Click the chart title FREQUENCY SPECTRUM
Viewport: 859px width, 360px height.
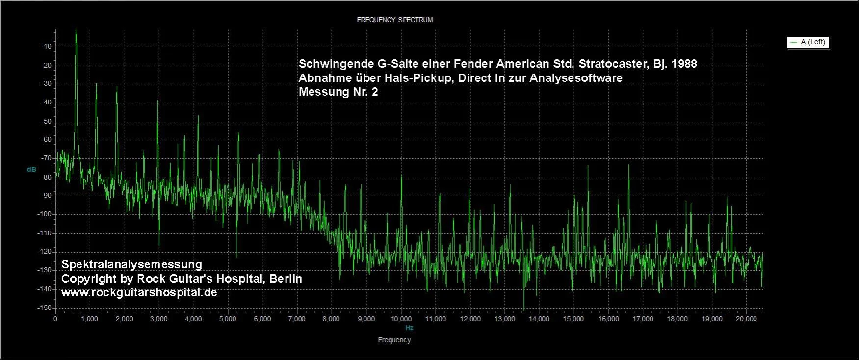tap(394, 20)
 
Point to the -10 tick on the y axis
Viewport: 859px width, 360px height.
tap(47, 47)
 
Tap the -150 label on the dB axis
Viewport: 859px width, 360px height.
tap(45, 308)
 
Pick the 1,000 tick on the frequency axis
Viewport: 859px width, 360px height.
tap(90, 319)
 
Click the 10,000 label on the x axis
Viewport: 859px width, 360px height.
tap(401, 319)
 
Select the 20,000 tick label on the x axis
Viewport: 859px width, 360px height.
tap(746, 319)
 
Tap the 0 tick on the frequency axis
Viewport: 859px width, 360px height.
tap(55, 319)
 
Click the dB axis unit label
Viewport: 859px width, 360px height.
tap(31, 169)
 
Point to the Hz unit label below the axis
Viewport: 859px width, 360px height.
tap(409, 328)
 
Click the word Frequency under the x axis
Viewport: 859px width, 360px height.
tap(394, 340)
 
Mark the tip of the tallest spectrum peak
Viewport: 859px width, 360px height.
tap(76, 30)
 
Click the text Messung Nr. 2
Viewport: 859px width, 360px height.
tap(338, 92)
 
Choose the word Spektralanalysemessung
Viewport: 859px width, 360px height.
tap(131, 265)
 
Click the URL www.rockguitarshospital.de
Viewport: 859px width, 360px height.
tap(139, 293)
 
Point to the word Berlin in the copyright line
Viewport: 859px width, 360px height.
tap(285, 279)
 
